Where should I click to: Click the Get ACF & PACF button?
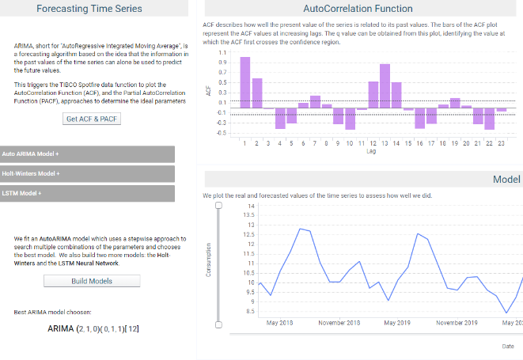(92, 119)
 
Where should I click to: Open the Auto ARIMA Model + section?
(87, 153)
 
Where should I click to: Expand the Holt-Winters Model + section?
(87, 173)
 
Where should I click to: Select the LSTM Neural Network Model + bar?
(87, 193)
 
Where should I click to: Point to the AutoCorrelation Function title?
(358, 9)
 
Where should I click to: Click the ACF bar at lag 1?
(245, 83)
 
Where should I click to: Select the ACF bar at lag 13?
(385, 86)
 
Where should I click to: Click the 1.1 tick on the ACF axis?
(222, 52)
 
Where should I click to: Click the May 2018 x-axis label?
(279, 323)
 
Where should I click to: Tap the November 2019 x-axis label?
(457, 323)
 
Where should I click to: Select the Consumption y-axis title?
(209, 260)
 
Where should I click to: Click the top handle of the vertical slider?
(218, 206)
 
